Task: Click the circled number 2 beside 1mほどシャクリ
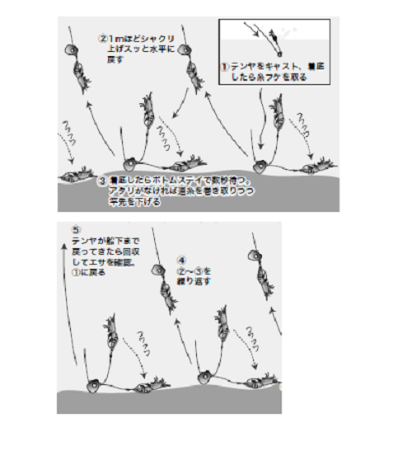(x=103, y=38)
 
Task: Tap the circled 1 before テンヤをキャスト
(x=224, y=65)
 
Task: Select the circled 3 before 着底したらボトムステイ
(x=101, y=180)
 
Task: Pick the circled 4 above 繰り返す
(x=183, y=258)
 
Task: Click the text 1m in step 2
(x=115, y=38)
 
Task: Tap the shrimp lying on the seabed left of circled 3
(x=77, y=175)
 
